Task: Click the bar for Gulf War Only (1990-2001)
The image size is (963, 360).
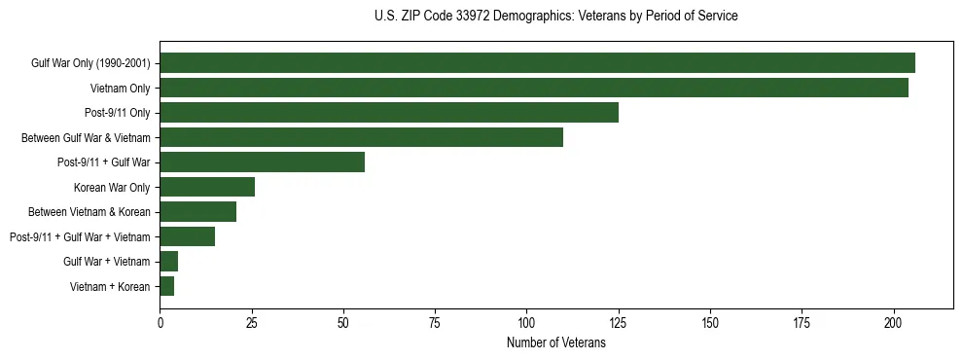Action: (x=537, y=63)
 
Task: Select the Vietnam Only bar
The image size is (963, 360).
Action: (x=534, y=88)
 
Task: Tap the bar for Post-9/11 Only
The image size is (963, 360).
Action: (x=389, y=113)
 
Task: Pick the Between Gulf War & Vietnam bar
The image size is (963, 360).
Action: (x=361, y=137)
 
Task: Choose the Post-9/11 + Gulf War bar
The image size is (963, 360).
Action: (x=262, y=162)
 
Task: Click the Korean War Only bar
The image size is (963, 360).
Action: (x=207, y=187)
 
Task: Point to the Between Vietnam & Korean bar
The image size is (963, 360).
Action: (x=197, y=212)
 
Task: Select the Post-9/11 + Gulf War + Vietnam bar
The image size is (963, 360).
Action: (x=187, y=236)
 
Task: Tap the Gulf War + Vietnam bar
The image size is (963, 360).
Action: (x=168, y=261)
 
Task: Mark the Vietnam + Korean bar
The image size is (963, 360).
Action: (x=166, y=286)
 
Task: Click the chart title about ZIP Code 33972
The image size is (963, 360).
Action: (x=555, y=17)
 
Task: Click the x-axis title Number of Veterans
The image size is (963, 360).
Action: (x=555, y=343)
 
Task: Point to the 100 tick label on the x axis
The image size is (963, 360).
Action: (x=526, y=322)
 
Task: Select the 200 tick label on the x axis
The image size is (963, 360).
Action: (x=893, y=322)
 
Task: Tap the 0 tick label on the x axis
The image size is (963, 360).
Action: (x=160, y=322)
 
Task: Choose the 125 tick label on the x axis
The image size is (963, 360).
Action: (x=618, y=322)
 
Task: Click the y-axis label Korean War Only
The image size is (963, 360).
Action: (x=111, y=187)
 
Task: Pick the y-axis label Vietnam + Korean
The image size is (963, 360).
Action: (x=109, y=286)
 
